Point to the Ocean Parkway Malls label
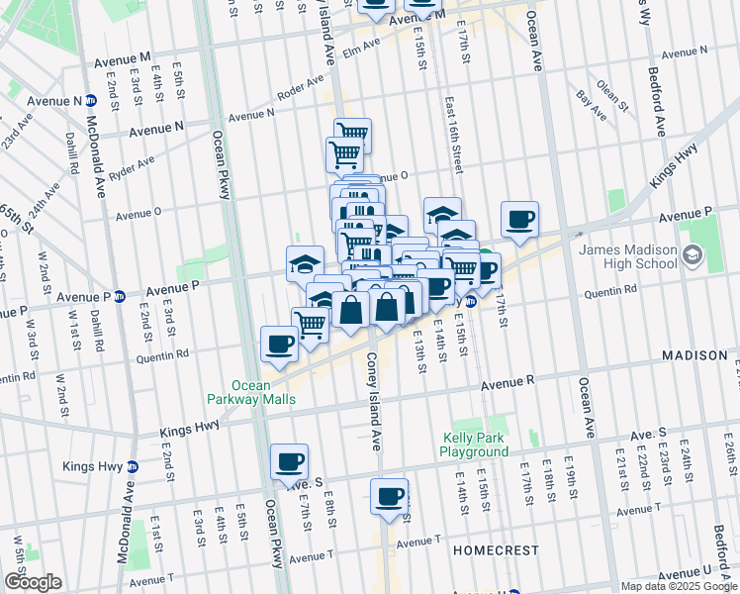coord(264,392)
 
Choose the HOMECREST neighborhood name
coord(496,549)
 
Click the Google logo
coord(32,582)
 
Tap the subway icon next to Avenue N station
coord(91,100)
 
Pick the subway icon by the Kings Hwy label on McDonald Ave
coord(133,466)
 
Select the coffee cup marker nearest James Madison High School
coord(519,219)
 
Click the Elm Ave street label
coord(360,48)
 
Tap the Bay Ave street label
coord(591,102)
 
